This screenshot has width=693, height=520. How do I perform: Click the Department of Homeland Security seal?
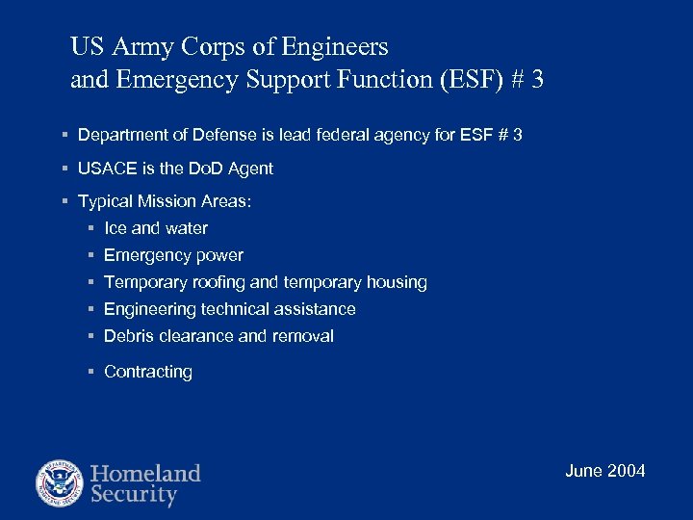coord(60,484)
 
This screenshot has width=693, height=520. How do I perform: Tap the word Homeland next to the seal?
coord(145,473)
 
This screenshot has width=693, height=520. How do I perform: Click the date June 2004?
coord(605,471)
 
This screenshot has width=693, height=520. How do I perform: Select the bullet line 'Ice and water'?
coord(155,228)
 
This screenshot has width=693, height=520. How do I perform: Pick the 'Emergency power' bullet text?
coord(173,255)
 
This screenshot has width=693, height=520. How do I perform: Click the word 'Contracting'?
coord(147,372)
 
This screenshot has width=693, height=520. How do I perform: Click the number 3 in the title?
coord(535,79)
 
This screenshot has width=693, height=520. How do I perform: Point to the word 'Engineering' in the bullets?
coord(149,309)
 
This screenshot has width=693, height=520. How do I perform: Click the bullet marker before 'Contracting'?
coord(90,372)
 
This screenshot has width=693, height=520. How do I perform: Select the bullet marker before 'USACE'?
coord(63,169)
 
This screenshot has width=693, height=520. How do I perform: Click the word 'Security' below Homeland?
coord(134,496)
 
